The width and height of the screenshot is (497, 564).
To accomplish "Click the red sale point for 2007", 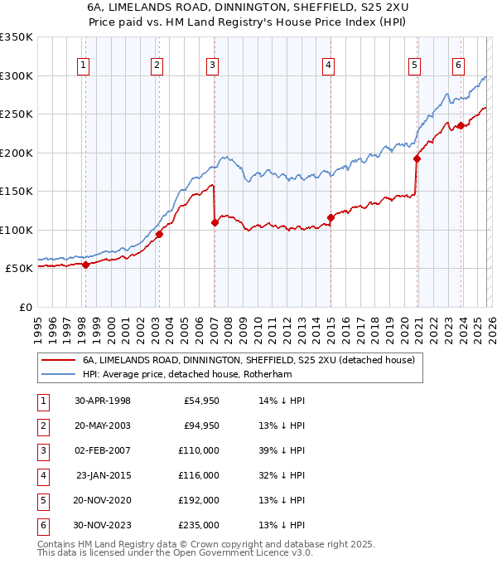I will (x=215, y=222).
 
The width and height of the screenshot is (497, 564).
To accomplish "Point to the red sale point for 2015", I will (x=331, y=217).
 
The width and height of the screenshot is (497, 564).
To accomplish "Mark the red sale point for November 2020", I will (x=417, y=159).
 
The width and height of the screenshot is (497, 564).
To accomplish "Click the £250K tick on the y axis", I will (x=17, y=114).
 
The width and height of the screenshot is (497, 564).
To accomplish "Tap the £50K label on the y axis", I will (x=20, y=269).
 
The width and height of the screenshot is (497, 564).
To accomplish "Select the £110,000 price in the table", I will (x=198, y=450).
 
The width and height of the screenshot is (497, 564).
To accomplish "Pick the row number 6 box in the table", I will (x=41, y=525).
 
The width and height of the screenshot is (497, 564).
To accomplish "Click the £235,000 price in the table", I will (x=198, y=525).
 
